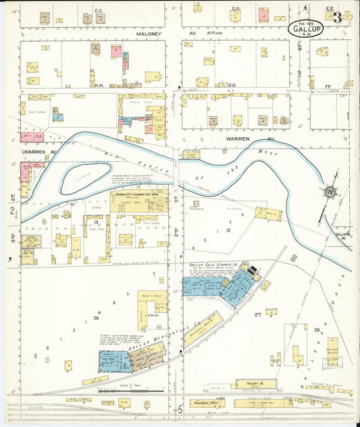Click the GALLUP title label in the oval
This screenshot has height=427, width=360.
click(308, 29)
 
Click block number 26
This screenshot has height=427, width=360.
click(97, 318)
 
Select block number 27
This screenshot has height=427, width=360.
click(258, 315)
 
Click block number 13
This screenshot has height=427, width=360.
click(97, 222)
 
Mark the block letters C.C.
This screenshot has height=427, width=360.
click(99, 11)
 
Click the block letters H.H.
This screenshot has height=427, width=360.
click(99, 85)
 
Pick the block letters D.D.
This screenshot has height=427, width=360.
click(236, 9)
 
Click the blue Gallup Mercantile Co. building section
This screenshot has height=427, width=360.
click(115, 361)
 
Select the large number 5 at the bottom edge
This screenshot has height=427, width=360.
click(180, 409)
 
